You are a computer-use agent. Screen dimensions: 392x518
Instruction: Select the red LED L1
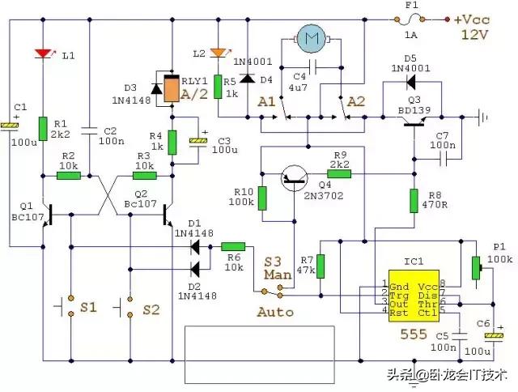coord(43,54)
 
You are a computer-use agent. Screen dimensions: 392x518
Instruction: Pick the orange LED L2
coord(217,53)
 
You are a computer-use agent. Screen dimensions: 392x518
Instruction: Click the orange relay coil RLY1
coord(172,89)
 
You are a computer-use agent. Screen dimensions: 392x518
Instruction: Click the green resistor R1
coord(43,128)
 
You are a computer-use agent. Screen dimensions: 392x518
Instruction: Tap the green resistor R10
coord(261,197)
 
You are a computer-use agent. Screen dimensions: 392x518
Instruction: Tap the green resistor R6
coord(232,245)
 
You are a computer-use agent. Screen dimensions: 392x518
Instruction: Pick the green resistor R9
coord(338,173)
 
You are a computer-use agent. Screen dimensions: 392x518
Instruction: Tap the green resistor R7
coord(321,266)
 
